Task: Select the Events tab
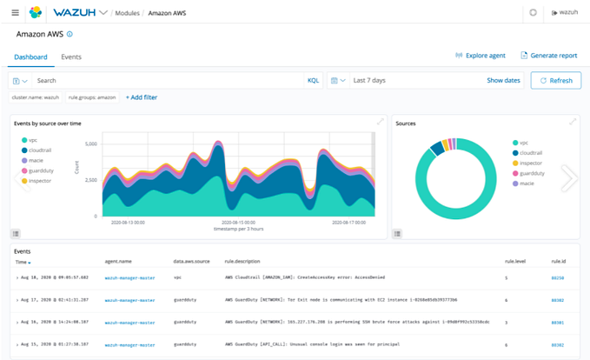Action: click(71, 57)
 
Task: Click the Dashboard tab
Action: click(30, 57)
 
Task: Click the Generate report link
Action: click(548, 56)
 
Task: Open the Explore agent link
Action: click(481, 56)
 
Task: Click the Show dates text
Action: click(503, 80)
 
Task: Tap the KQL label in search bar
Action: click(313, 80)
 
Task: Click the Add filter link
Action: click(142, 97)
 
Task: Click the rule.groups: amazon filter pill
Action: click(92, 97)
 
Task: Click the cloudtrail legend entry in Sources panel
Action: click(533, 153)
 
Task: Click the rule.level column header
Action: click(515, 261)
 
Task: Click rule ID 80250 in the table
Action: click(557, 278)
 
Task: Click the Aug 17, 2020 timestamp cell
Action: click(53, 300)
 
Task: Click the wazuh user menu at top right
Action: click(565, 13)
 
